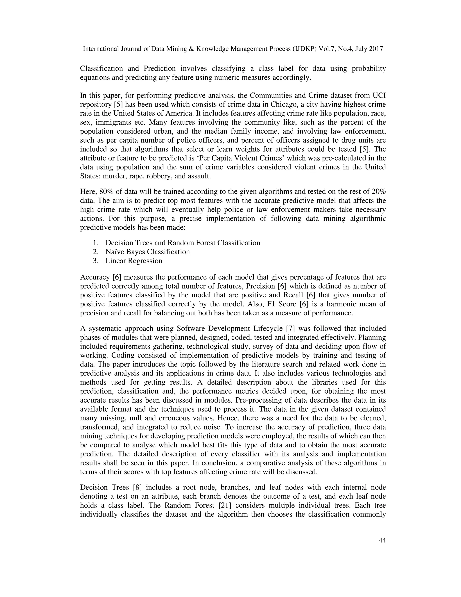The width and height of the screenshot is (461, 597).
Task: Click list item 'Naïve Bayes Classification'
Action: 147,252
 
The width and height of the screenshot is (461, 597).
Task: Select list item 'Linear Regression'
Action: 134,261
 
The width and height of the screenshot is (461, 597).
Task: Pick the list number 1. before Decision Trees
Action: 96,243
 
